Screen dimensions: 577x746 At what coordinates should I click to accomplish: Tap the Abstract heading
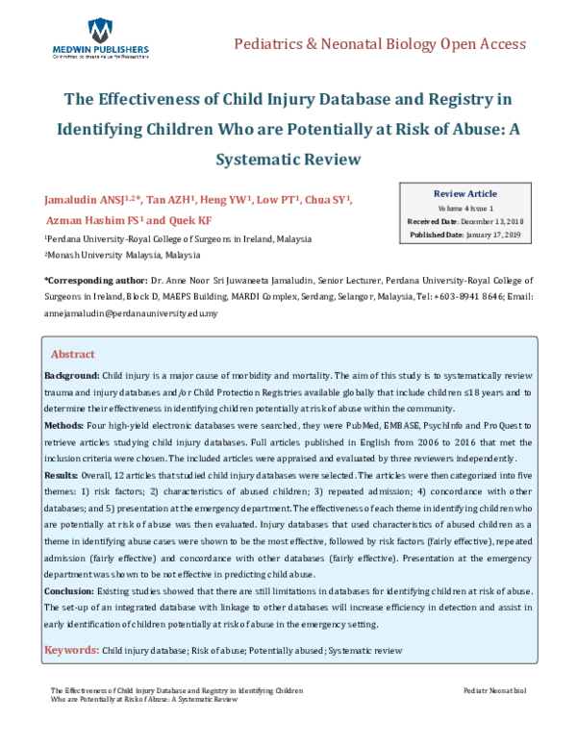click(x=72, y=354)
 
